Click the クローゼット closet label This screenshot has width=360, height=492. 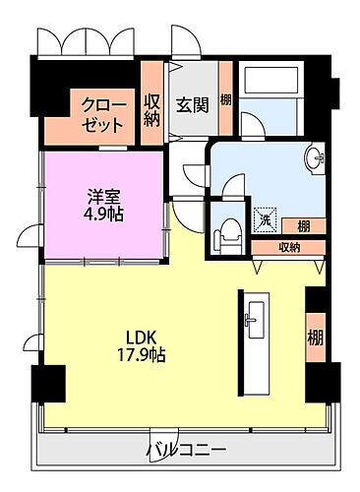point(102,115)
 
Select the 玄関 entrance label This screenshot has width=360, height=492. point(190,105)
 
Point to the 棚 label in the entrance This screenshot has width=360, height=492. point(226,99)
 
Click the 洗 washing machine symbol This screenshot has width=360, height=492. point(264,221)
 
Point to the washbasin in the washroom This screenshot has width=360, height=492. point(315,157)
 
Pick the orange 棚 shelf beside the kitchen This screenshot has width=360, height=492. point(316,338)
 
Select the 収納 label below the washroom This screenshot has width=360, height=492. point(289,247)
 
